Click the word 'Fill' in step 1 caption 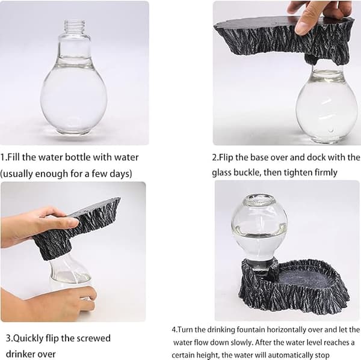(14, 157)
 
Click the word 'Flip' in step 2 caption (226, 157)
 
